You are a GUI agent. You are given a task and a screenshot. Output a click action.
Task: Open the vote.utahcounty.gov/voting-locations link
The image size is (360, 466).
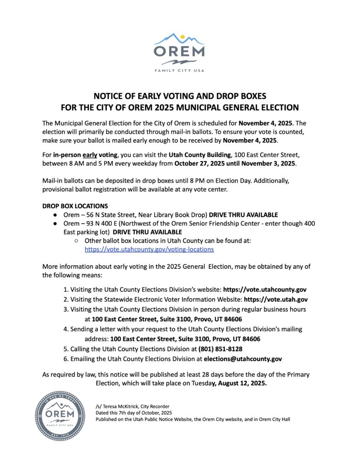(x=149, y=249)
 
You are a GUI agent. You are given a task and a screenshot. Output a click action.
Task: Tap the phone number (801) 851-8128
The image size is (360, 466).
(x=220, y=349)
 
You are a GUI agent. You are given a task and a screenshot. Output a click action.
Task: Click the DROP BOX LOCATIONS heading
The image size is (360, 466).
(x=75, y=206)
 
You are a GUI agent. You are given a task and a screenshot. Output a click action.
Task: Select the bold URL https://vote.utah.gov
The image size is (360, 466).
(x=276, y=299)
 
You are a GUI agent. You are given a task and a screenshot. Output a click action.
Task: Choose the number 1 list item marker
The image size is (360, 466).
(x=66, y=289)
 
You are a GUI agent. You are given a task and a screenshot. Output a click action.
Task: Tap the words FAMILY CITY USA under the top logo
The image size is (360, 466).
(x=179, y=71)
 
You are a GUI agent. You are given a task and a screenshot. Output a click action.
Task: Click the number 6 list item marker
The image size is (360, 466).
(x=66, y=359)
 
